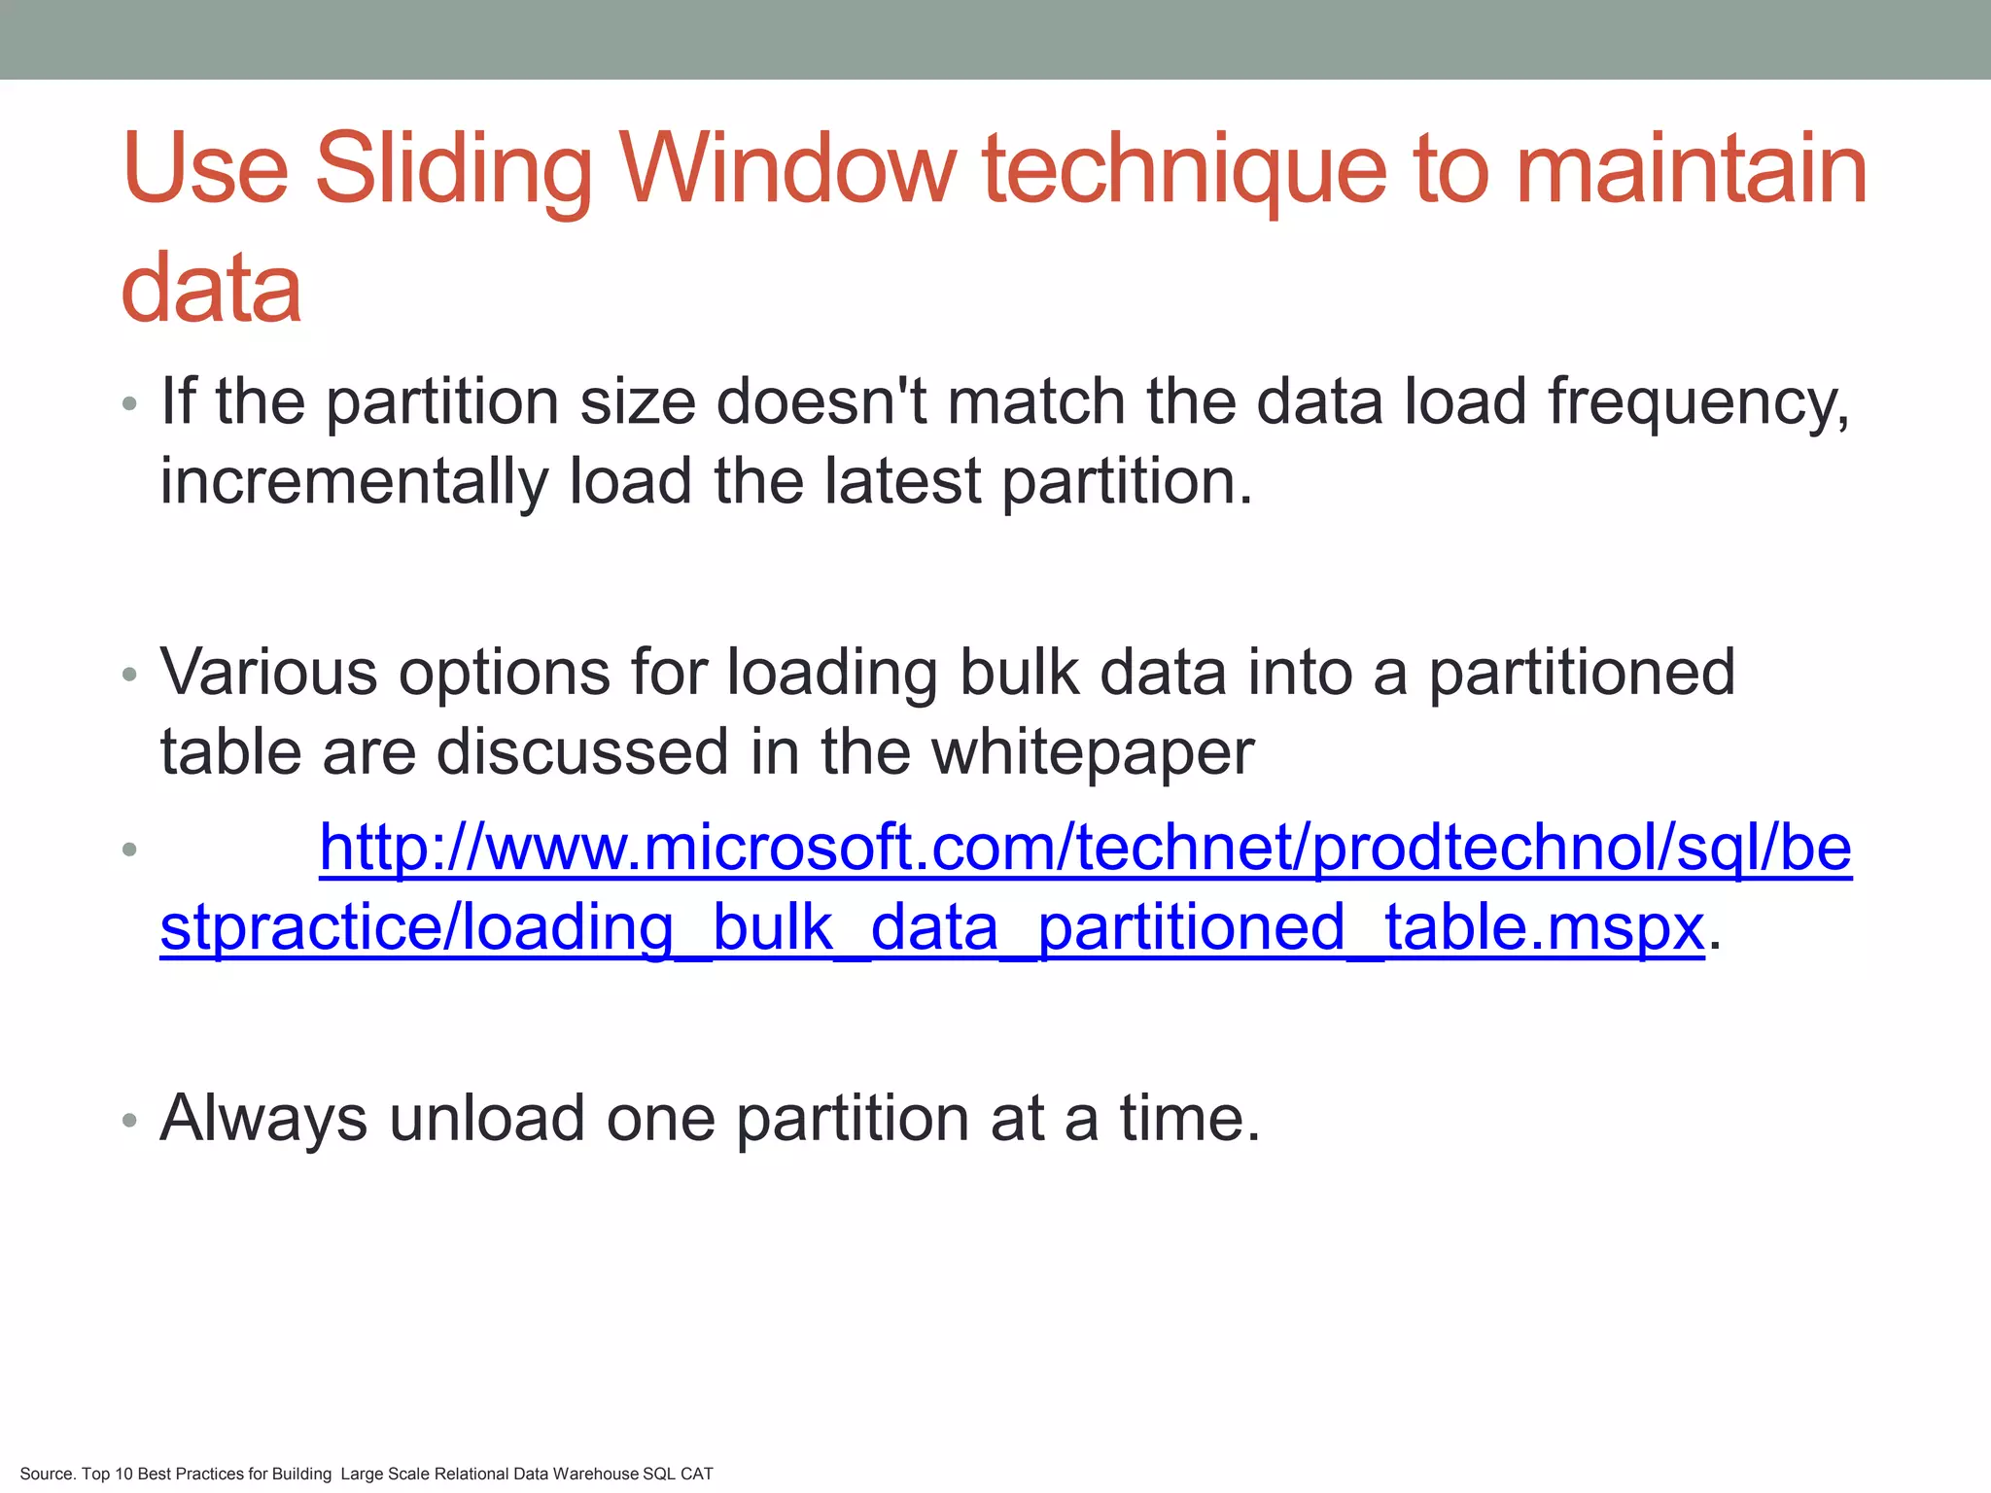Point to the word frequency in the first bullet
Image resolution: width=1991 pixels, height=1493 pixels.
click(1697, 402)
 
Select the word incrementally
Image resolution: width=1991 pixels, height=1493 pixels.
click(354, 482)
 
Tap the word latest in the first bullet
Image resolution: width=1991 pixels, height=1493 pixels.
click(902, 482)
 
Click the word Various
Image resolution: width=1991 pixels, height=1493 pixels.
click(268, 673)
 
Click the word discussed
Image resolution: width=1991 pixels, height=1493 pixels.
click(582, 753)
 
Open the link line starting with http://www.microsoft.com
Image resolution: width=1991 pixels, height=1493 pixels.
click(1085, 849)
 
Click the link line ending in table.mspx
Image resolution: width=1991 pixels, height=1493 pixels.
click(931, 928)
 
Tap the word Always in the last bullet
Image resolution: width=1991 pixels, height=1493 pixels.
click(263, 1119)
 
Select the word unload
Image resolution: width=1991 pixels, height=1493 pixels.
click(486, 1119)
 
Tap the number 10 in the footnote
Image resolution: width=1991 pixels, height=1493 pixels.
click(123, 1475)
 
